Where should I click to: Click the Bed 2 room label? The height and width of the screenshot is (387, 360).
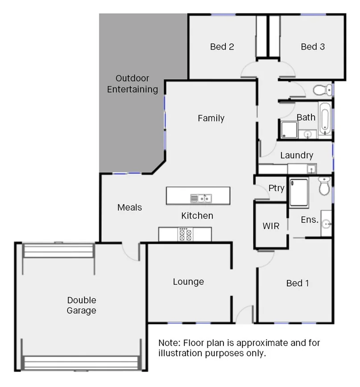click(x=222, y=46)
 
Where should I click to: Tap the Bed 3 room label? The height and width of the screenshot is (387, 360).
click(x=312, y=46)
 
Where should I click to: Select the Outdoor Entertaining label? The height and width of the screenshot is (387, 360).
click(x=132, y=83)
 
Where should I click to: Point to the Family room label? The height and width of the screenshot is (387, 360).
click(x=211, y=118)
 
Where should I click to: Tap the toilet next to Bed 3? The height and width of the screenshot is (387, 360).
click(x=321, y=90)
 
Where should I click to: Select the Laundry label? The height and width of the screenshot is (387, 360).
click(x=297, y=155)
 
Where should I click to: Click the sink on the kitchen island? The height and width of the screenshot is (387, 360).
click(x=200, y=198)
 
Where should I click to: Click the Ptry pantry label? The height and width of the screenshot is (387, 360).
click(x=276, y=188)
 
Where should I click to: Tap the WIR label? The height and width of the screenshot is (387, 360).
click(x=271, y=226)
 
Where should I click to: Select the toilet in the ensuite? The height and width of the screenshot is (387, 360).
click(x=324, y=186)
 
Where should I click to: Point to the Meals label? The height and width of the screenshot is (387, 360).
click(x=129, y=207)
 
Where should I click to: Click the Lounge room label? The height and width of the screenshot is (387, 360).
click(x=188, y=282)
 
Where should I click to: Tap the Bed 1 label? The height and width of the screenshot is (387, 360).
click(x=298, y=283)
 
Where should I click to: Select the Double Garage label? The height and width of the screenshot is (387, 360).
click(x=82, y=305)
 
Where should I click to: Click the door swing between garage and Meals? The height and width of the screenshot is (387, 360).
click(x=131, y=253)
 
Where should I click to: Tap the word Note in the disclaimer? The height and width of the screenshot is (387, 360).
click(x=168, y=343)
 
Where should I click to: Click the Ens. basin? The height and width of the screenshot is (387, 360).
click(x=326, y=223)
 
